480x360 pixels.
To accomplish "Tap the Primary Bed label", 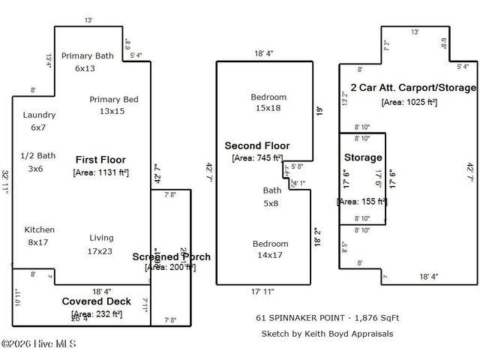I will tap(113, 105).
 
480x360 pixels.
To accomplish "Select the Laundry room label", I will tap(39, 121).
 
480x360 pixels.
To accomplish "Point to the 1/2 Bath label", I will tap(37, 161).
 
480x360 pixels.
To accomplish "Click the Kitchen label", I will tap(38, 235).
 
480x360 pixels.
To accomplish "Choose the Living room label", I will tap(101, 243).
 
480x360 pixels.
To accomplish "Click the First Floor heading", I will tap(100, 160).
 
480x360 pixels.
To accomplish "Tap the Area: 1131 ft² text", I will tap(100, 172).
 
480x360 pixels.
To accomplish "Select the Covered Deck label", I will tap(96, 301).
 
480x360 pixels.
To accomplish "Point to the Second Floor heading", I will tap(257, 145).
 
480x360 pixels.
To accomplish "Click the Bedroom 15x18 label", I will tap(268, 103).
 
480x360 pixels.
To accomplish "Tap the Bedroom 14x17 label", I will tap(270, 249).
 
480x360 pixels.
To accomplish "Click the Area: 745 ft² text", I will tap(257, 157).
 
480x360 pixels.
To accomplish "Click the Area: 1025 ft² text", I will tap(409, 101).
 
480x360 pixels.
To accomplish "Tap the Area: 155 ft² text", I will tap(361, 201).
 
